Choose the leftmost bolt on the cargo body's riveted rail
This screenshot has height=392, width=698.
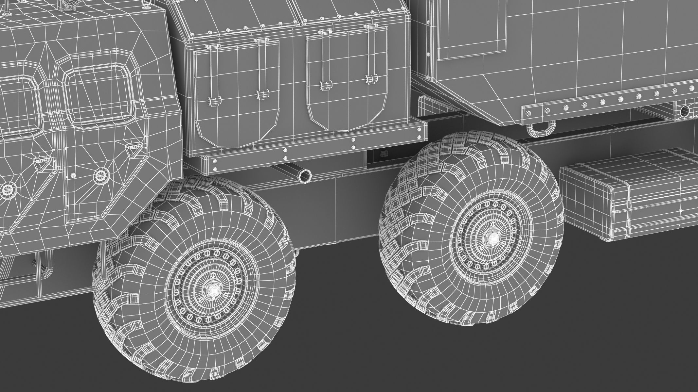coord(528,113)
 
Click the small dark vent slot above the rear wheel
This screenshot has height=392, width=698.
coord(382,154)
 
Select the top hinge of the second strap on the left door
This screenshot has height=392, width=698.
coord(260,40)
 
